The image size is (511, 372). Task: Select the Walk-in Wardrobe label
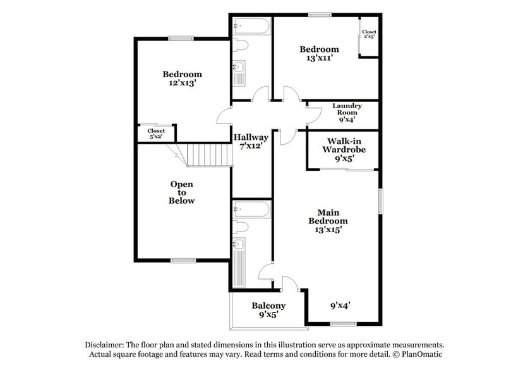(x=344, y=149)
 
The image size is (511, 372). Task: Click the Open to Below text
(x=181, y=192)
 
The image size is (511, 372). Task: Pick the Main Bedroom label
(x=328, y=216)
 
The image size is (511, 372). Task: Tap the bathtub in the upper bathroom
(x=251, y=27)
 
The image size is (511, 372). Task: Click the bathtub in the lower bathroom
(x=251, y=210)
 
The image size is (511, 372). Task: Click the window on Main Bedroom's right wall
(x=380, y=201)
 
